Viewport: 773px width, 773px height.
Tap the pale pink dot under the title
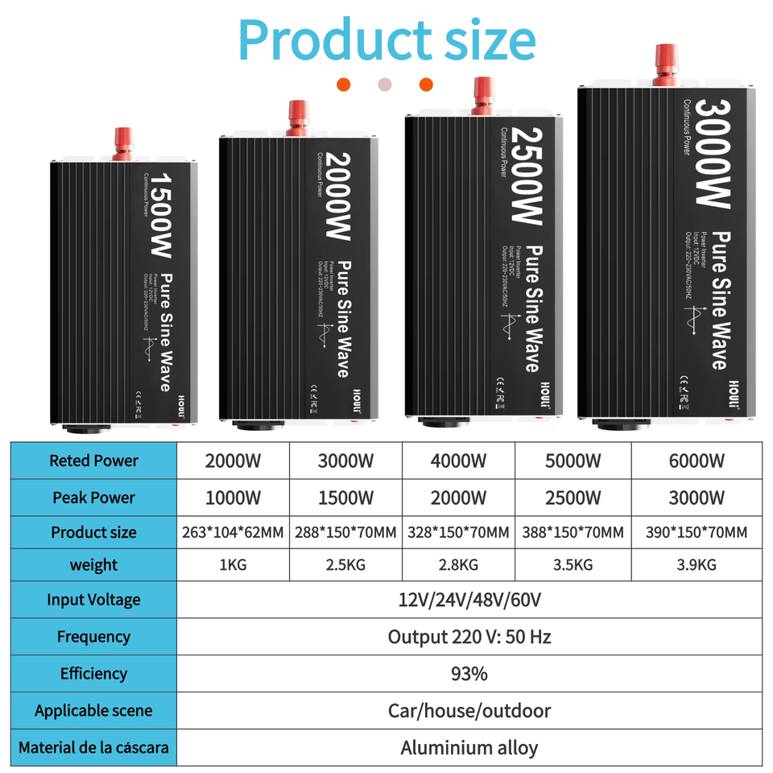385,85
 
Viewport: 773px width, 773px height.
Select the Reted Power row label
93,461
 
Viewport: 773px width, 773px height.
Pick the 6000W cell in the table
697,461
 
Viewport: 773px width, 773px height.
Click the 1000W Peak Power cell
233,498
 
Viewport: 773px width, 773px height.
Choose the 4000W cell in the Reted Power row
458,461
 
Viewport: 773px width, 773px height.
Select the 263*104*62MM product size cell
233,532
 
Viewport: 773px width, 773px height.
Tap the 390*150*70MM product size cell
697,532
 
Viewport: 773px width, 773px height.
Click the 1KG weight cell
233,564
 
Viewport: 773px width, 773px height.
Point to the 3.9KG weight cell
697,564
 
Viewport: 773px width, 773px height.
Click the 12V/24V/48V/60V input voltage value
469,600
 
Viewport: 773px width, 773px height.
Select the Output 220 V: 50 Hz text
469,637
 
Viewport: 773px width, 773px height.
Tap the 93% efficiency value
469,673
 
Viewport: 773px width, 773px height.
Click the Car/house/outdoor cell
469,710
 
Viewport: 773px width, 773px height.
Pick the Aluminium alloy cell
469,747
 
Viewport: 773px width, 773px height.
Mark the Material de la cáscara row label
93,747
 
